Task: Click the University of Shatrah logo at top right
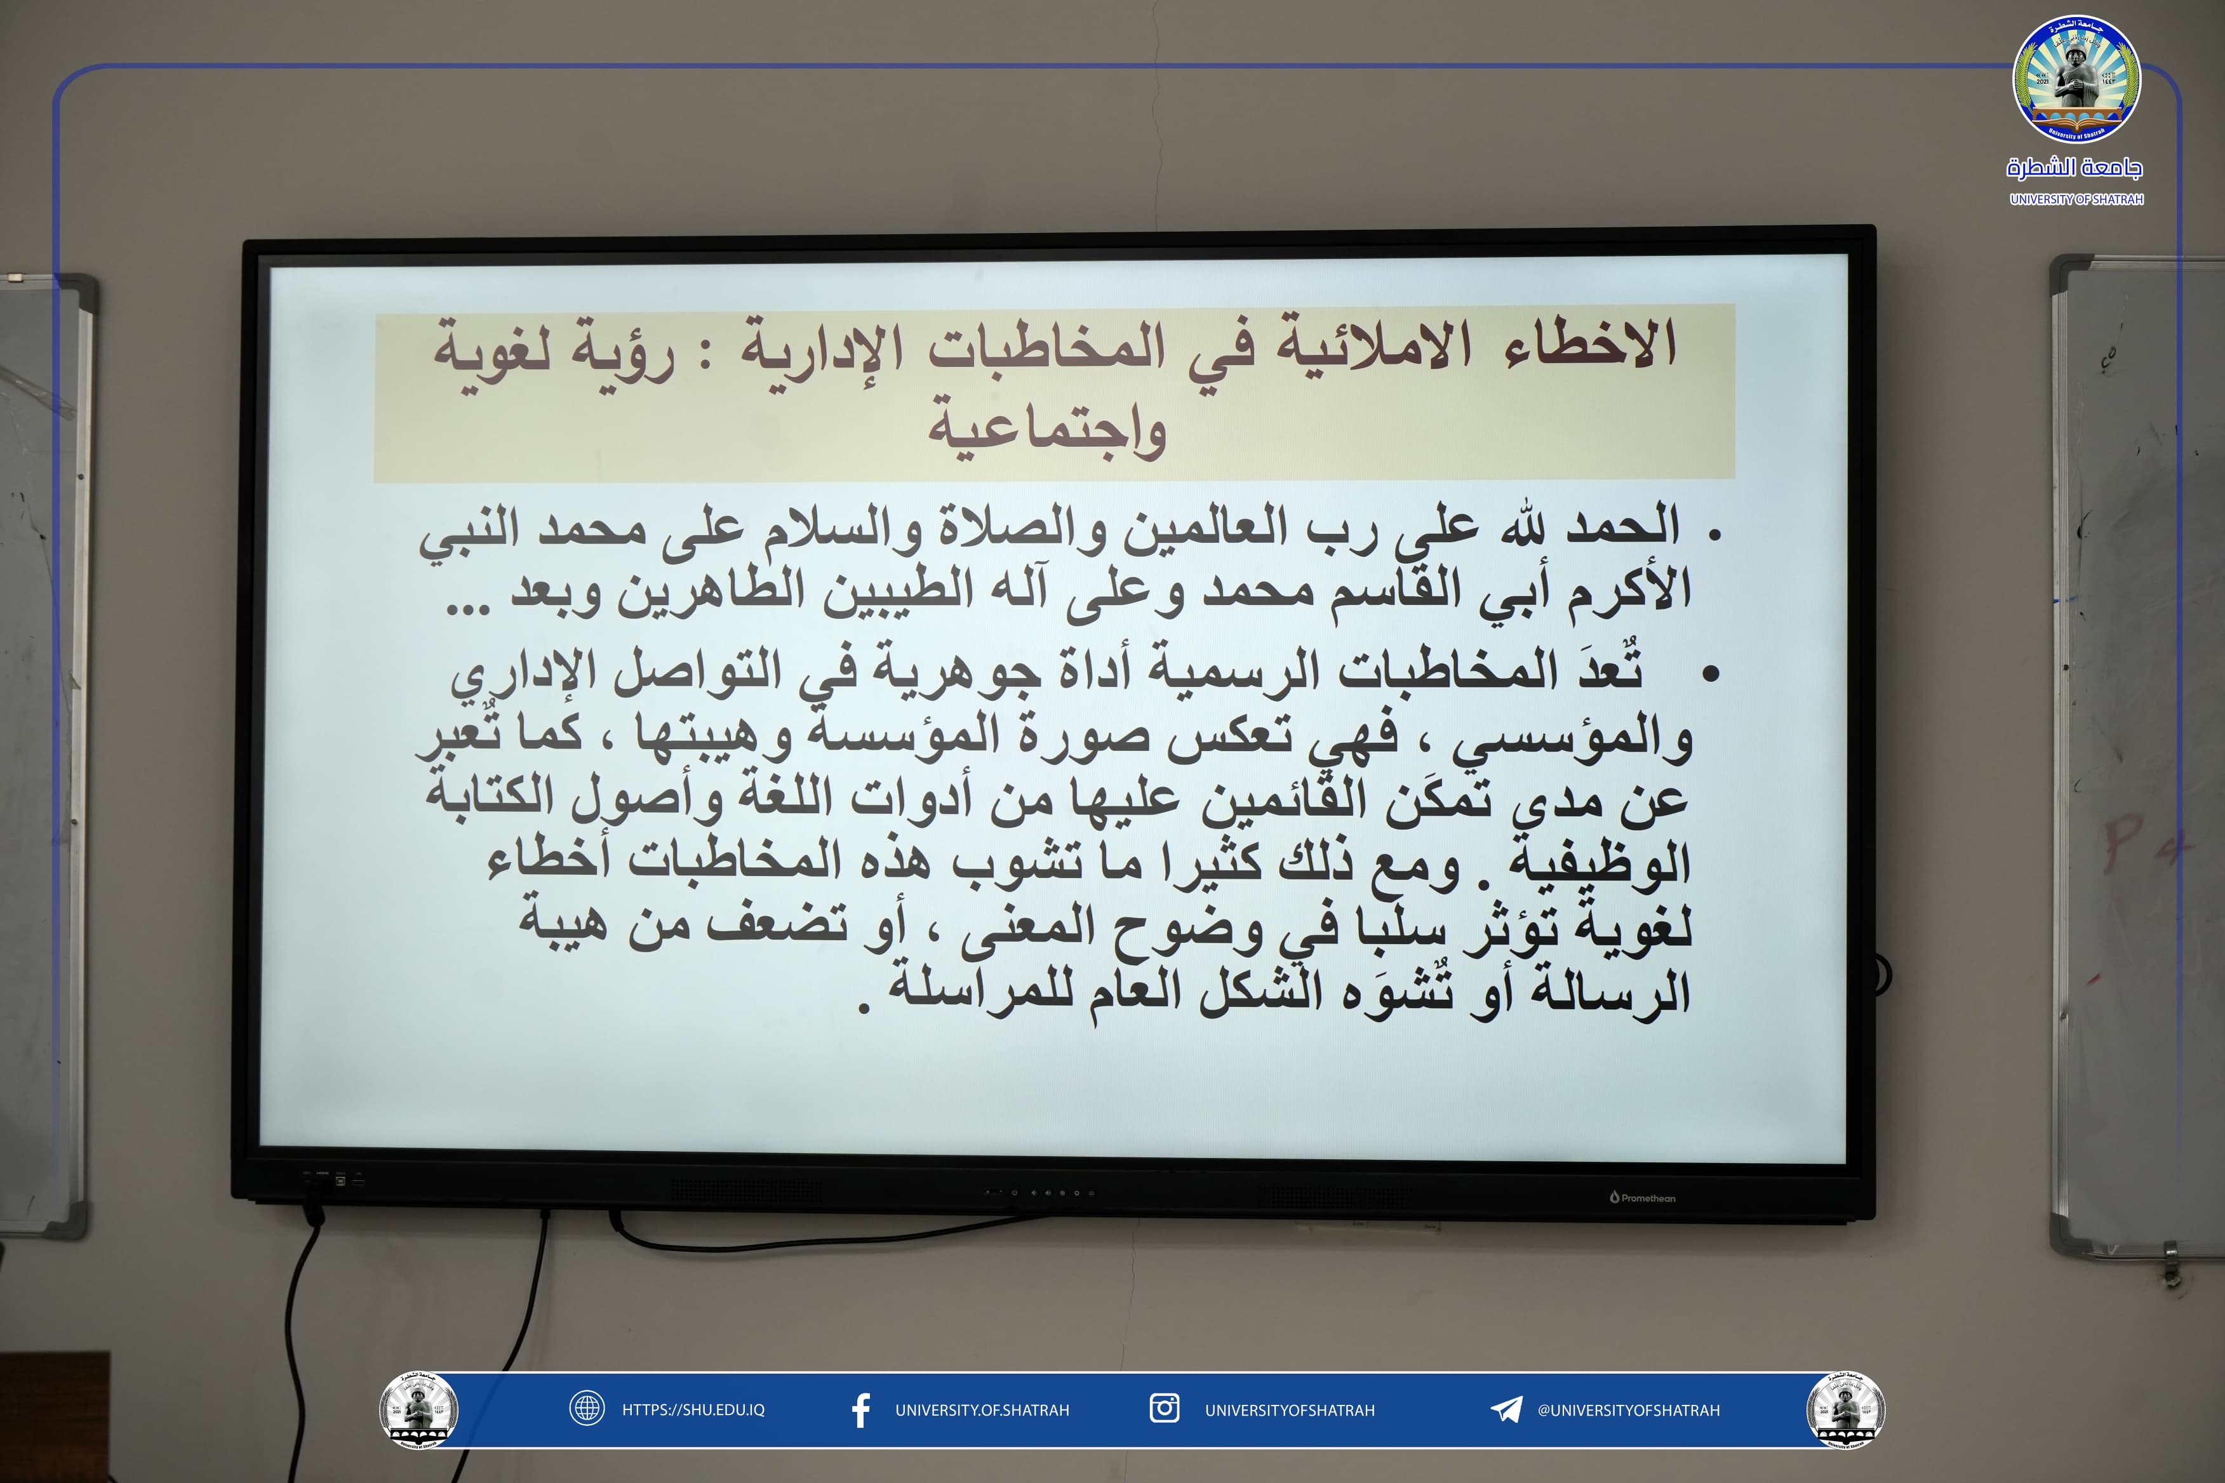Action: click(2076, 79)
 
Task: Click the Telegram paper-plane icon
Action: click(1506, 1409)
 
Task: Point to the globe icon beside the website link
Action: click(587, 1408)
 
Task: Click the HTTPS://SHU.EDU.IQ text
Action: click(693, 1409)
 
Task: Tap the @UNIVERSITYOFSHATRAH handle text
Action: click(1628, 1409)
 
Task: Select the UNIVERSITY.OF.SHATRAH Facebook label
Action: click(982, 1410)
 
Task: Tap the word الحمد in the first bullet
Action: click(1623, 526)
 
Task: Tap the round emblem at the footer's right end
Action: click(1845, 1409)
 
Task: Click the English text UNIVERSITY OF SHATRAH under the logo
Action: click(2076, 199)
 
